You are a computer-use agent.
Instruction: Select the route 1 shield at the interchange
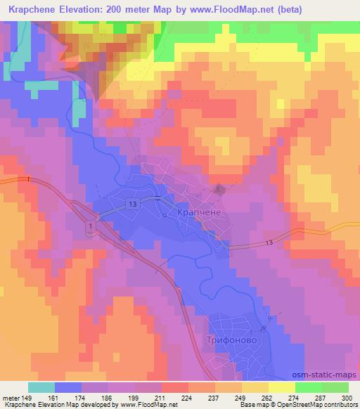[x=91, y=225]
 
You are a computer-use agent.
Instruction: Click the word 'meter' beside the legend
[x=12, y=397]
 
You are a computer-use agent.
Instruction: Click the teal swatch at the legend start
[x=41, y=387]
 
